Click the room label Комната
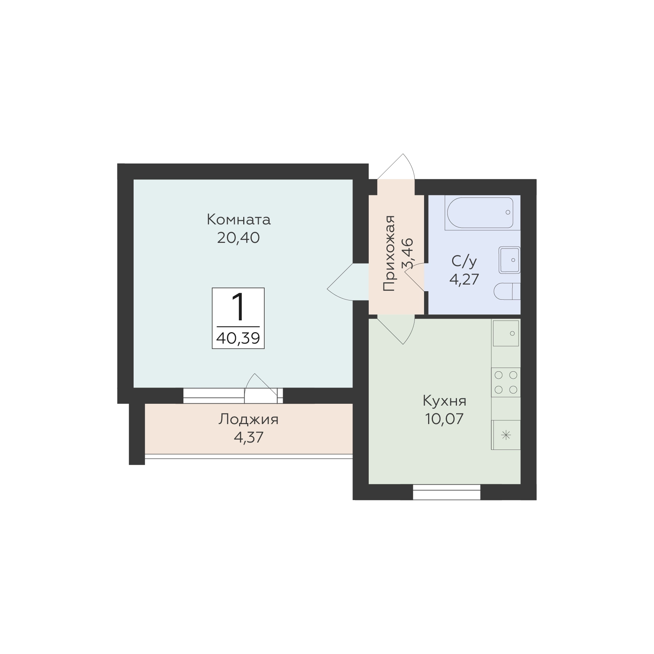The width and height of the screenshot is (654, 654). (238, 220)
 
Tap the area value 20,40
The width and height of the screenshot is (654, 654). (238, 238)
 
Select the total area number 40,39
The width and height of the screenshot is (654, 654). (238, 338)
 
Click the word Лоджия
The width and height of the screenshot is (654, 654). (248, 419)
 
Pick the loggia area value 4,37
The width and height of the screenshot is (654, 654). (248, 437)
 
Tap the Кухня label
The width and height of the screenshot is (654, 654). (444, 401)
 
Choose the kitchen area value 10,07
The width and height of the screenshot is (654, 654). (444, 419)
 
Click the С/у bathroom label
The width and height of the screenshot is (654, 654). (464, 262)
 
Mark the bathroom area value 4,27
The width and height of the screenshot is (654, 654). (464, 279)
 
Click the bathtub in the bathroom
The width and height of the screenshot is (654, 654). (480, 213)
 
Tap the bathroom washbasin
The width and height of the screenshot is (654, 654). (509, 260)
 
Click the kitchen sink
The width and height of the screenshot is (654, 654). (506, 333)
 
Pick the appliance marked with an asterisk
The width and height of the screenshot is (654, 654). (506, 435)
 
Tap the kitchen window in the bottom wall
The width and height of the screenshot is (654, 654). (447, 492)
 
